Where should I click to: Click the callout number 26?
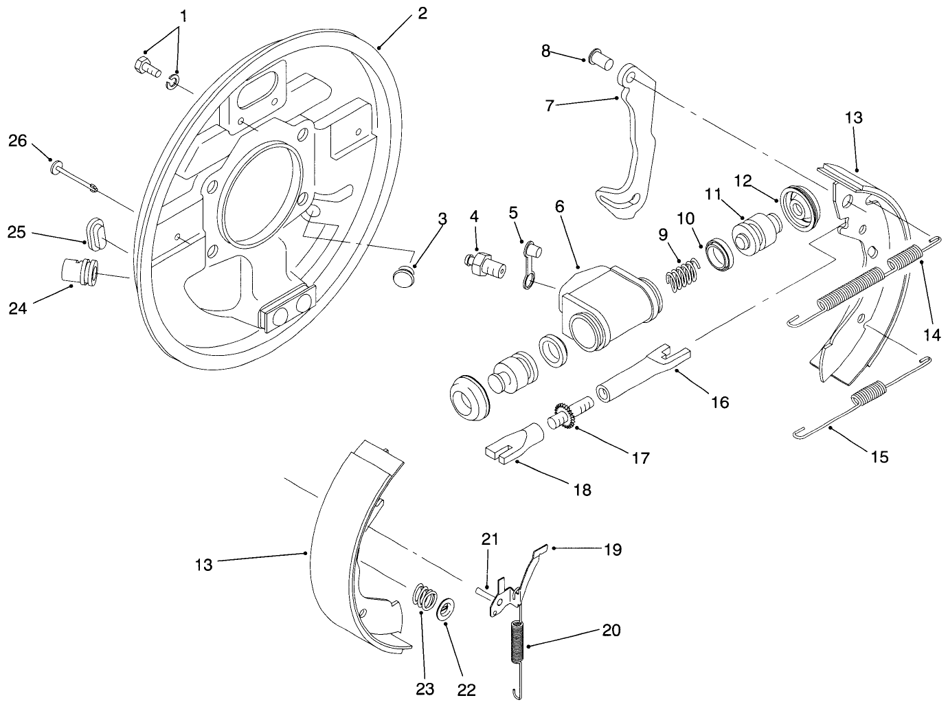click(17, 141)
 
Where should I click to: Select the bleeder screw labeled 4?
click(484, 265)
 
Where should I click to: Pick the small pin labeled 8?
click(602, 60)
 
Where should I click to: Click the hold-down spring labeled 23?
click(425, 595)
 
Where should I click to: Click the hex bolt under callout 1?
click(145, 67)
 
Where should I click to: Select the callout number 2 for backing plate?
click(422, 13)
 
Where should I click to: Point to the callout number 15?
click(879, 456)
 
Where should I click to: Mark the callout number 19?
click(612, 550)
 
